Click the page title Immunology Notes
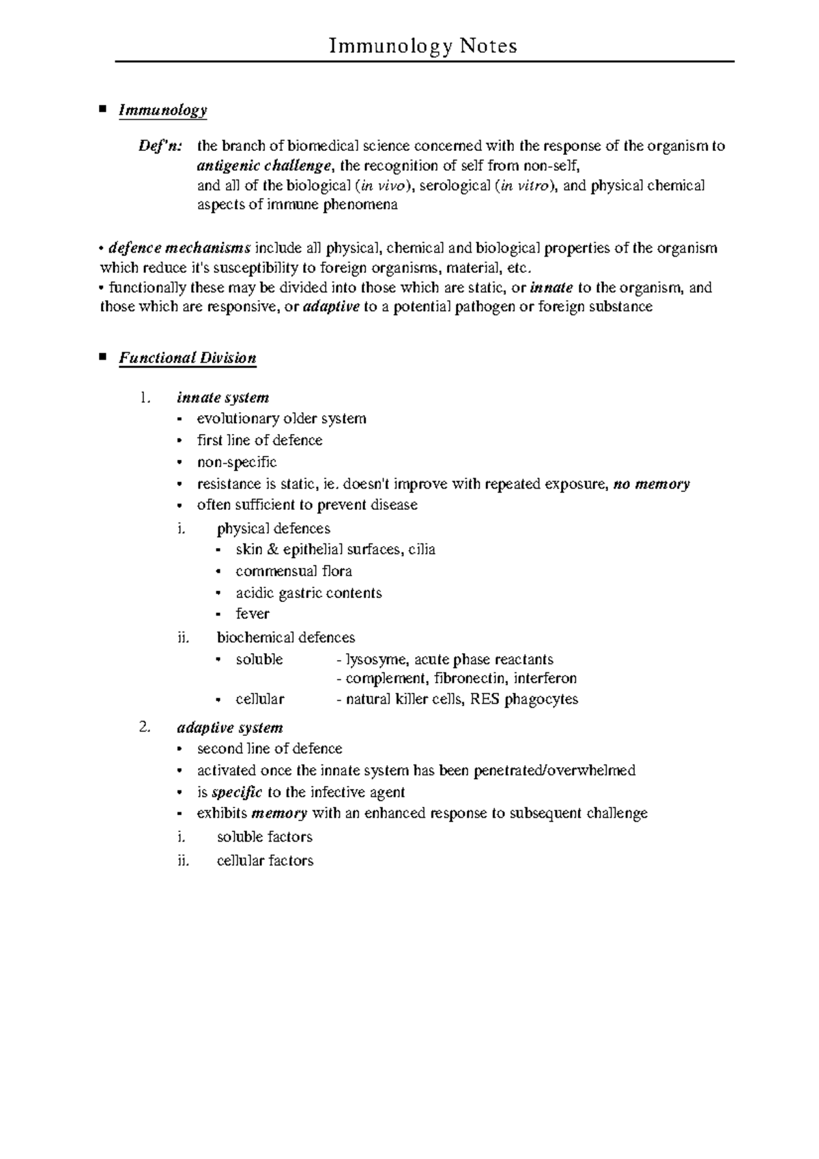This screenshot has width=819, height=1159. pyautogui.click(x=422, y=46)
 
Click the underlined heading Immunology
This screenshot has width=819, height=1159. pyautogui.click(x=162, y=111)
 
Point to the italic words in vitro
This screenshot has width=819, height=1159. pyautogui.click(x=523, y=186)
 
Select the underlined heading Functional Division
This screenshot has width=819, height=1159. pyautogui.click(x=188, y=358)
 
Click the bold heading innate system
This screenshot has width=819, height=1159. pyautogui.click(x=222, y=398)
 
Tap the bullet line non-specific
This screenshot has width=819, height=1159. pyautogui.click(x=237, y=462)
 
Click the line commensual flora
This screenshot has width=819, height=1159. pyautogui.click(x=293, y=571)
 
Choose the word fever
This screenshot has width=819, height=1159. pyautogui.click(x=253, y=614)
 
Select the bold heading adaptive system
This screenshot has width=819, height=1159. pyautogui.click(x=229, y=728)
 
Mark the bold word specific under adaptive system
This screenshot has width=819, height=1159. pyautogui.click(x=237, y=792)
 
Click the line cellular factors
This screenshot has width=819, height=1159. pyautogui.click(x=265, y=861)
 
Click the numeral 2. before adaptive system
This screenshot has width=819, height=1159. pyautogui.click(x=143, y=728)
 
